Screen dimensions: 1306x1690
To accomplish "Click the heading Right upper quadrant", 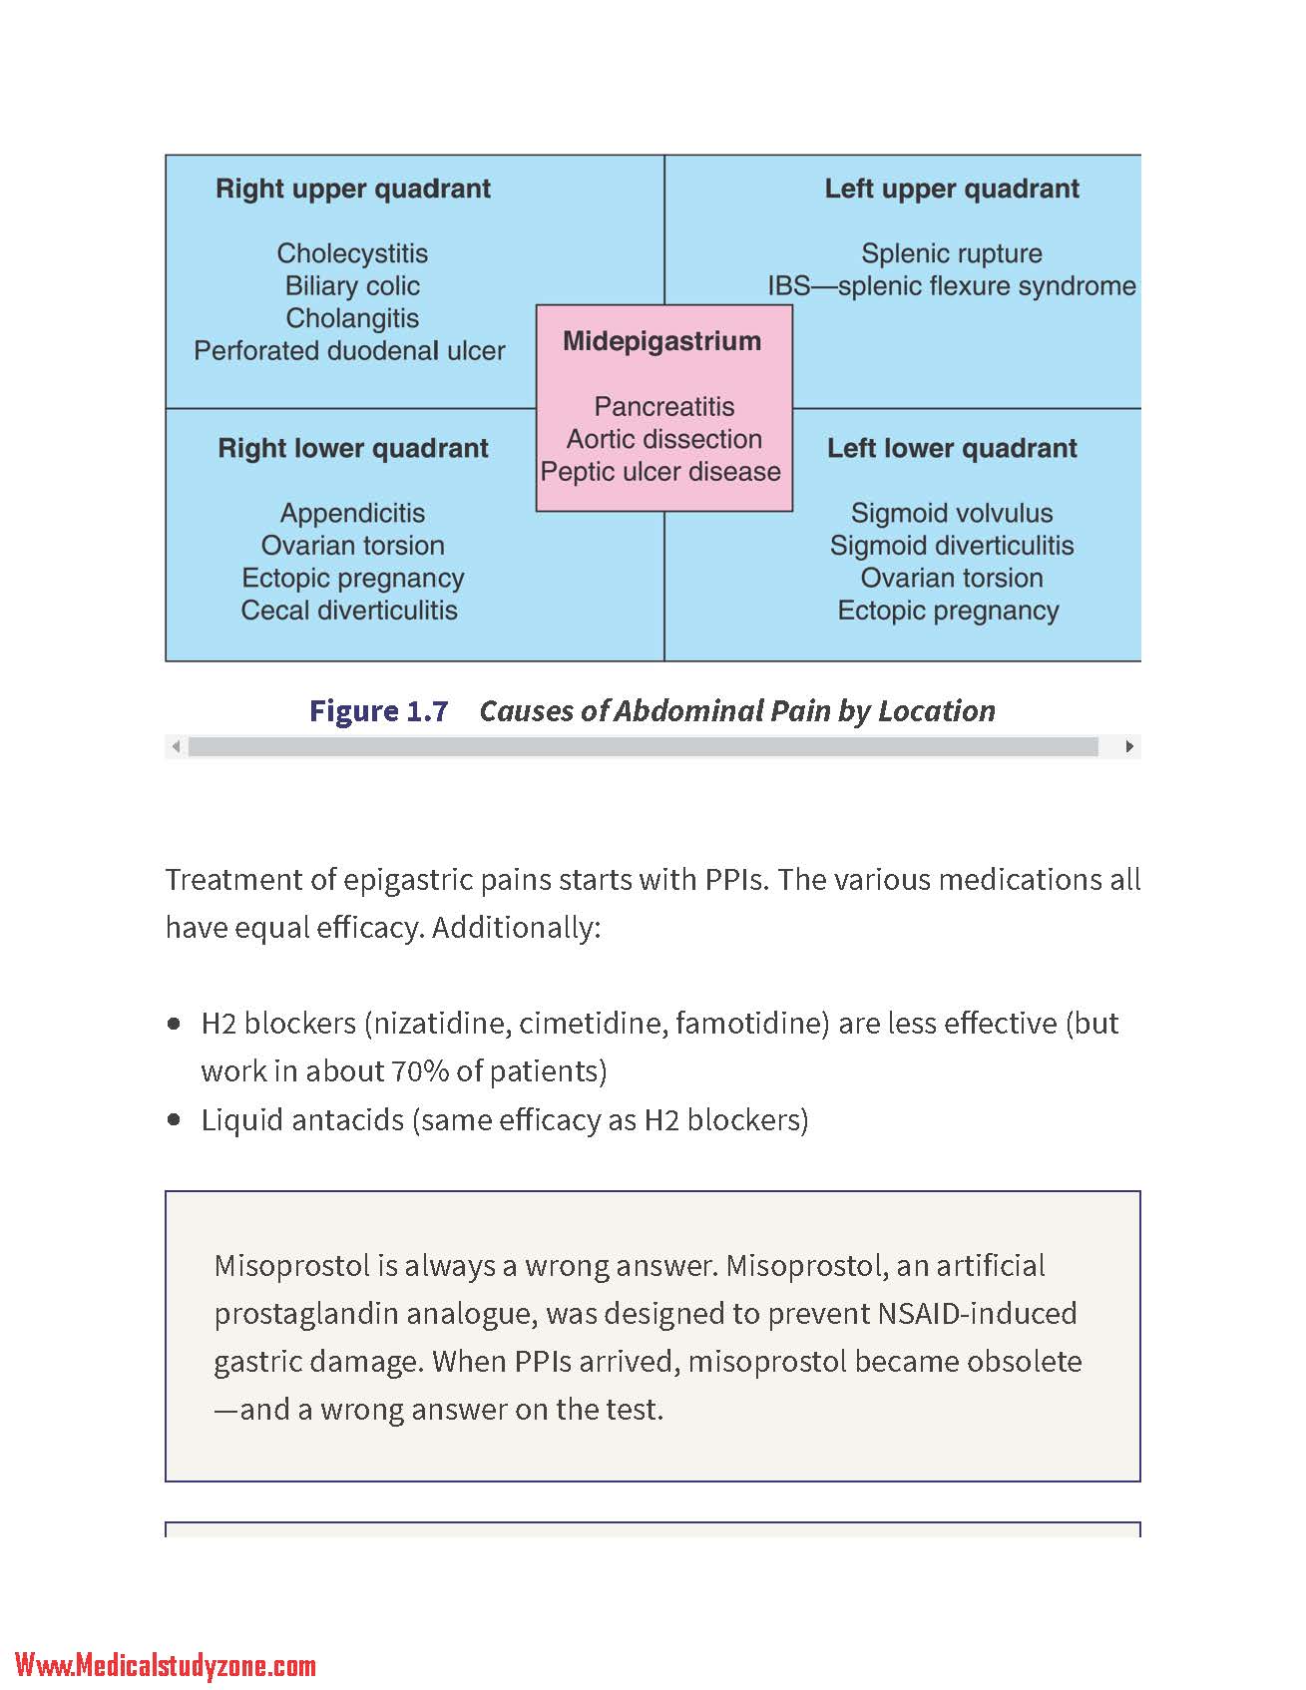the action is [x=353, y=189].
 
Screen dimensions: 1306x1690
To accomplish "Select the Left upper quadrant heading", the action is [x=952, y=189].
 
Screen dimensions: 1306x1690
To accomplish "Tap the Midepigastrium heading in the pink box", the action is [x=662, y=341].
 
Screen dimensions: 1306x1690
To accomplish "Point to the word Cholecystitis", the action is [x=352, y=253].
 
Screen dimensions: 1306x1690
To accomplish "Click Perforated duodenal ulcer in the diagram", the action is [x=349, y=351].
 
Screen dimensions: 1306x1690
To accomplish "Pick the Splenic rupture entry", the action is [x=952, y=253].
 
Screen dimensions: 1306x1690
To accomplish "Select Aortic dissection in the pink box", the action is [x=664, y=439].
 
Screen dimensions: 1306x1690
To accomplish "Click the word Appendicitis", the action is [x=352, y=513].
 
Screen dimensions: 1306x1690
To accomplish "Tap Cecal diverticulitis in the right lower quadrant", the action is [x=349, y=611].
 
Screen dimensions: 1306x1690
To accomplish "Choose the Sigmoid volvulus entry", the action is [x=952, y=513].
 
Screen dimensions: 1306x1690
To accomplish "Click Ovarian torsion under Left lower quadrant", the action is [x=952, y=578].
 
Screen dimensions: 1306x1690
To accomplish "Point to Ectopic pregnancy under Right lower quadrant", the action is [x=352, y=579].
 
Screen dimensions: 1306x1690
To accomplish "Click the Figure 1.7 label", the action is [x=378, y=710].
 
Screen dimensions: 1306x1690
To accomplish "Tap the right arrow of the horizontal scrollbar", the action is [x=1128, y=746].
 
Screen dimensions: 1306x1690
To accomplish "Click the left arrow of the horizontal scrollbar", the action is [x=177, y=746].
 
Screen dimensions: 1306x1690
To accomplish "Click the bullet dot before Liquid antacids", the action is [x=176, y=1120].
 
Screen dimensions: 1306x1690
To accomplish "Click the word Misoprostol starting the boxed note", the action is [x=291, y=1266].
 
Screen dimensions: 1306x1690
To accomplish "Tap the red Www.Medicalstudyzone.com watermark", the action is [x=166, y=1665].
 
